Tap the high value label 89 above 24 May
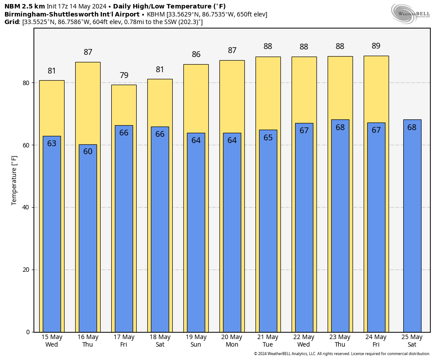pyautogui.click(x=376, y=46)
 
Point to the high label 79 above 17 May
pyautogui.click(x=124, y=75)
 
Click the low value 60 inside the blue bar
pyautogui.click(x=88, y=151)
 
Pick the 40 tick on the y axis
pyautogui.click(x=26, y=208)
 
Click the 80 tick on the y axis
pyautogui.click(x=26, y=83)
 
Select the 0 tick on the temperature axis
pyautogui.click(x=28, y=332)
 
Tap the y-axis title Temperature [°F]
pyautogui.click(x=14, y=180)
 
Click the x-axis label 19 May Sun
pyautogui.click(x=196, y=341)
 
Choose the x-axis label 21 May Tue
pyautogui.click(x=268, y=341)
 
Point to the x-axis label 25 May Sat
pyautogui.click(x=412, y=341)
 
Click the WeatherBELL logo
pyautogui.click(x=410, y=13)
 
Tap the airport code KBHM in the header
pyautogui.click(x=156, y=14)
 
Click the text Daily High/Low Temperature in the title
pyautogui.click(x=169, y=6)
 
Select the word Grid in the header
pyautogui.click(x=12, y=22)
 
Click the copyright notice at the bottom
pyautogui.click(x=342, y=354)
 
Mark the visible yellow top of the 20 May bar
pyautogui.click(x=232, y=96)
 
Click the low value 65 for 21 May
pyautogui.click(x=268, y=138)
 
